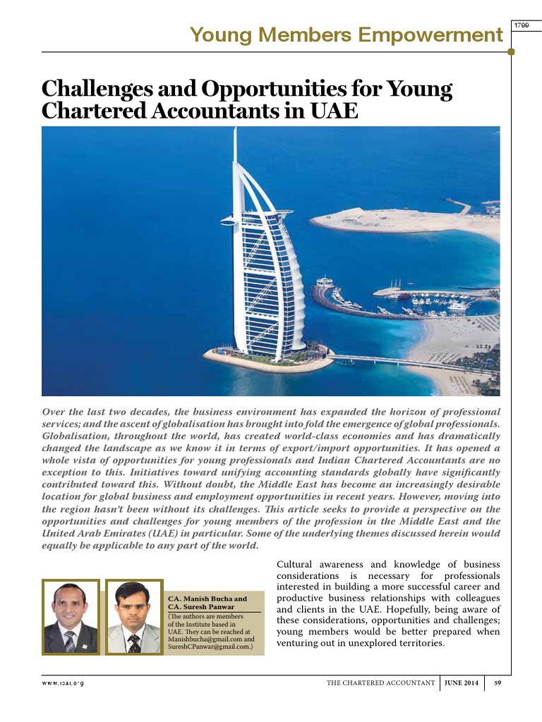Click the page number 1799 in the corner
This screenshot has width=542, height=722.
[522, 25]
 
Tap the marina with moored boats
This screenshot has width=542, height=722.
[416, 296]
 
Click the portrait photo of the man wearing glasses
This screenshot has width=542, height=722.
[133, 617]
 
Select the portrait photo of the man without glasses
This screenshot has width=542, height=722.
[70, 617]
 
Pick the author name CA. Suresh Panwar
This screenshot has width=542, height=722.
[200, 606]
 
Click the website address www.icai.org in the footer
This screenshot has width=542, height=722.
[63, 683]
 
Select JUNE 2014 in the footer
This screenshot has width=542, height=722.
[462, 683]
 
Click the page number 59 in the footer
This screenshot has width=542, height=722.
[497, 683]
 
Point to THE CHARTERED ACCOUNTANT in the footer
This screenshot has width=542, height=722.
[380, 683]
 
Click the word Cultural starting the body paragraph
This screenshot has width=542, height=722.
[295, 564]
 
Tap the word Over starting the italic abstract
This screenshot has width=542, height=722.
[54, 411]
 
